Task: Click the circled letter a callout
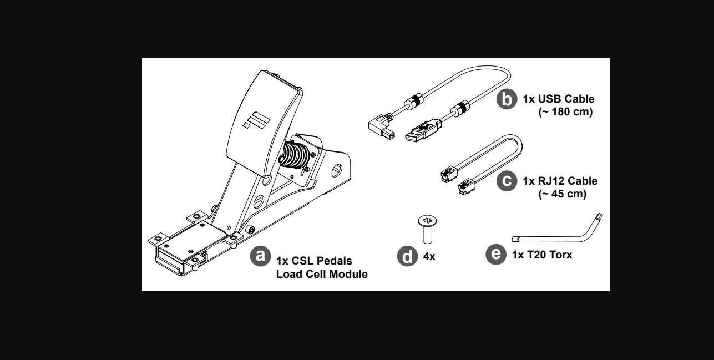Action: click(260, 256)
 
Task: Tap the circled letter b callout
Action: click(507, 99)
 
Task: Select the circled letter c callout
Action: click(507, 181)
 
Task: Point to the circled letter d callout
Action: click(408, 256)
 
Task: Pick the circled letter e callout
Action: click(495, 254)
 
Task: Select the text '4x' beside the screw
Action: click(429, 257)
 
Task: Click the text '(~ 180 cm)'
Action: click(565, 112)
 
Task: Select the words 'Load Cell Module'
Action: click(322, 274)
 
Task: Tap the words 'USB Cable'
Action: click(566, 99)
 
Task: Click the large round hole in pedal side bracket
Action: click(337, 169)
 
